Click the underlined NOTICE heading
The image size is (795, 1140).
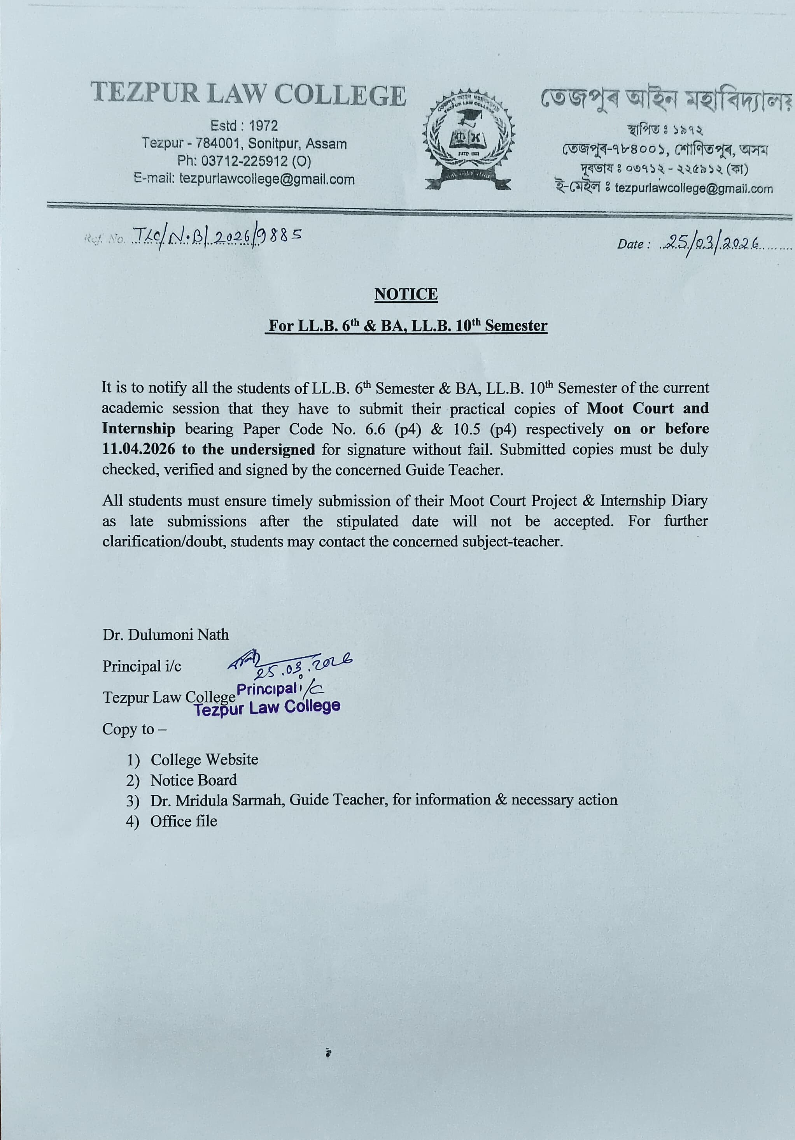coord(406,295)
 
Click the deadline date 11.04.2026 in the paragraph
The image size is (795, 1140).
coord(138,449)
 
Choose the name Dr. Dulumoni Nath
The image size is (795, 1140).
coord(166,635)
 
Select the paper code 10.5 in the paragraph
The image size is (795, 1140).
coord(464,429)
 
